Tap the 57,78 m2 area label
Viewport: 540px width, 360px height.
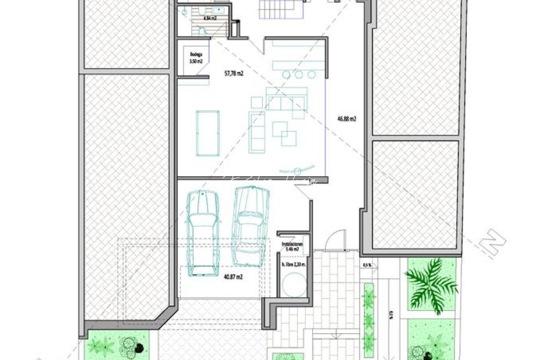pos(234,73)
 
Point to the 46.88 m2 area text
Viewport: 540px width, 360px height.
pos(347,118)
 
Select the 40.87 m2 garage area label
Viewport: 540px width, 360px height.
pos(234,276)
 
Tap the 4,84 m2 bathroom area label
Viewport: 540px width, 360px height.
pos(210,18)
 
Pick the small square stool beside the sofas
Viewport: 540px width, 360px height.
pos(257,102)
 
